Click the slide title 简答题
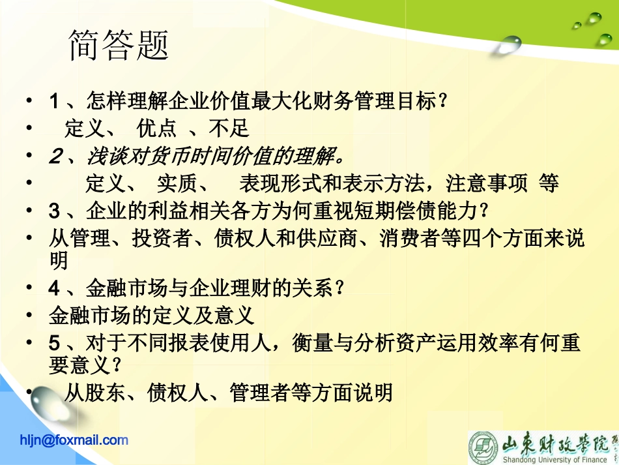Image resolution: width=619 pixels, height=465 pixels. pos(119,46)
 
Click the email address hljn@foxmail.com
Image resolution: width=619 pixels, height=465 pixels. pos(74,440)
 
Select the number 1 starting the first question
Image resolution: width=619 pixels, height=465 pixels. pos(55,102)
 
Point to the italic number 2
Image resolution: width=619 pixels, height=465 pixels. pos(55,157)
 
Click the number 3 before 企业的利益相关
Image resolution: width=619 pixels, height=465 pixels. pos(55,211)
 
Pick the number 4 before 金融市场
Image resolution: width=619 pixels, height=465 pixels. pos(55,288)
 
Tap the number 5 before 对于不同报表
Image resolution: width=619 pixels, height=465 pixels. pos(55,342)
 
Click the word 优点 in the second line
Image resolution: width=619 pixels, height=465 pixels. pos(156,129)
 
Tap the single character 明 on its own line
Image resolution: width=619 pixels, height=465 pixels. pos(59,261)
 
